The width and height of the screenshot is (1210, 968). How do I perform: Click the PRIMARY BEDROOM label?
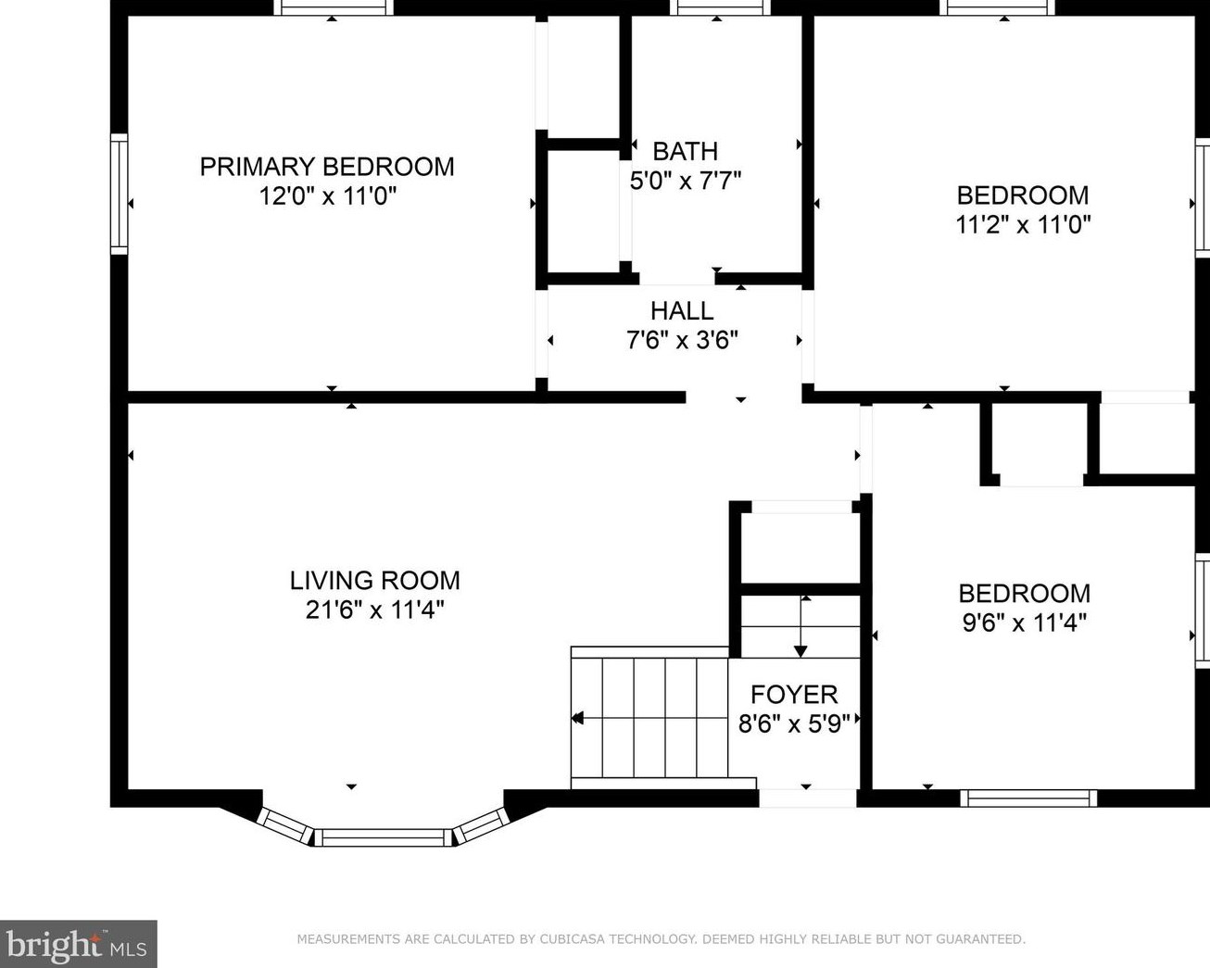[327, 167]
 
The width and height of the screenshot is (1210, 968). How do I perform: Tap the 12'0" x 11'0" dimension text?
[328, 196]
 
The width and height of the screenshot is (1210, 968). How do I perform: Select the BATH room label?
[686, 151]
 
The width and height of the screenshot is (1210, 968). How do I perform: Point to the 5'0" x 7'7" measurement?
[686, 181]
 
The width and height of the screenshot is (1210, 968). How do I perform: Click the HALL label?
[682, 311]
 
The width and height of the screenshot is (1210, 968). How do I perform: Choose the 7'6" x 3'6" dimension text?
[682, 340]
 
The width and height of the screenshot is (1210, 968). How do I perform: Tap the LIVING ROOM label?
[375, 581]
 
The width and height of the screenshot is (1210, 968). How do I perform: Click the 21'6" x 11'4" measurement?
[375, 610]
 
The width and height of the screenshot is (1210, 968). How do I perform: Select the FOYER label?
[794, 696]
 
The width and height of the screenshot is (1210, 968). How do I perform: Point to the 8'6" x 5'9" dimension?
[794, 724]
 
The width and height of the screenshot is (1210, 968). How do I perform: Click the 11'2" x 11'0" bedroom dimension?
[1024, 225]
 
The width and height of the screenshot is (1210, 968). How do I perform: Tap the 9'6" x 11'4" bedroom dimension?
[1025, 622]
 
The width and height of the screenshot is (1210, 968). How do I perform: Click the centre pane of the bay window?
[384, 837]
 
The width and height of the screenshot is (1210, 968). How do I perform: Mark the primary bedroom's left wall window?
[120, 194]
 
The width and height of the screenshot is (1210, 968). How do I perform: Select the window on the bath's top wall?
[720, 7]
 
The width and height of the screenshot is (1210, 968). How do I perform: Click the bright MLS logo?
[78, 945]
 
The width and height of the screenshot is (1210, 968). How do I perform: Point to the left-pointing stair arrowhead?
[577, 718]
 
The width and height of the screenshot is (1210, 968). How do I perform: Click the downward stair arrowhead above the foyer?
[800, 651]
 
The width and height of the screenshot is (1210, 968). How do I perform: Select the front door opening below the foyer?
[807, 798]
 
